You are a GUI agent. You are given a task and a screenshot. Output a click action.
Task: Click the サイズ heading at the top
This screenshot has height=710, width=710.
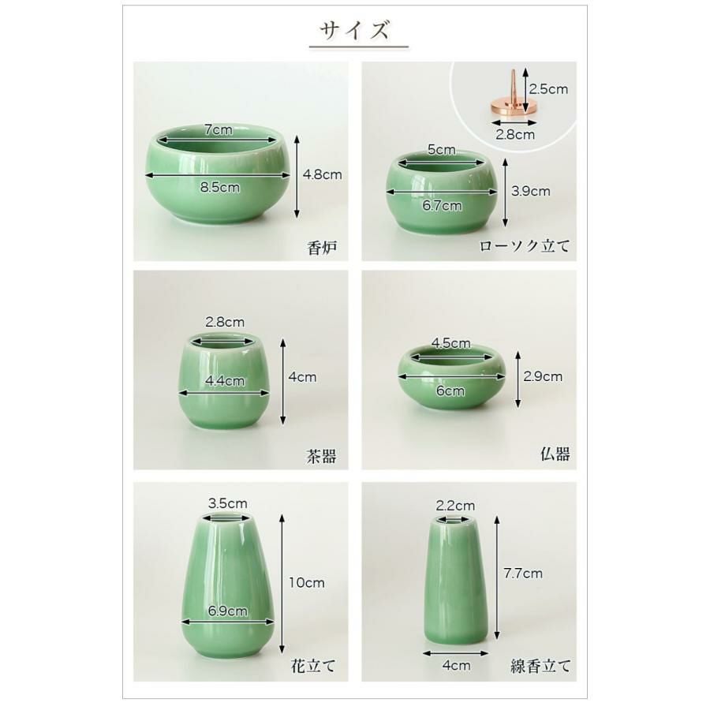pos(355,31)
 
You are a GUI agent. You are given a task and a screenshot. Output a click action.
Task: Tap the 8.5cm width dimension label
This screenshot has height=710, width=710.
pos(219,187)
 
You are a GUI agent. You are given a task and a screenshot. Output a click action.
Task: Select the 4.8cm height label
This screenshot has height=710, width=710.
pos(322,174)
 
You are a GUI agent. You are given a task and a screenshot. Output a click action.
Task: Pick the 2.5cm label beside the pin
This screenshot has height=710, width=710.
pos(548,89)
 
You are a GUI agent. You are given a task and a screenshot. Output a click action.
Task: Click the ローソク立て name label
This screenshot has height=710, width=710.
pos(525,246)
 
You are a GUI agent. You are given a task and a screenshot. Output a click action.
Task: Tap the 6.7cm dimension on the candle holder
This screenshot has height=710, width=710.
pos(442,205)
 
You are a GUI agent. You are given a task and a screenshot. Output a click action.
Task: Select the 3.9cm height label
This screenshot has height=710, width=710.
pos(530,190)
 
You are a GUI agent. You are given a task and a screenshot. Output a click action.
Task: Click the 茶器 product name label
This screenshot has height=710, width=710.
pos(320,456)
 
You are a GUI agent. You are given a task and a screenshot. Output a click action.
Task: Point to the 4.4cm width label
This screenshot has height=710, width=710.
pos(224,380)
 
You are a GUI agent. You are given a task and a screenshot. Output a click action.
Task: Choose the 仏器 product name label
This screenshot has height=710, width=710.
pos(555,454)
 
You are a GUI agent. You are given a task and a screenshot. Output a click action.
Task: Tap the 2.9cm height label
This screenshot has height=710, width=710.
pos(543,376)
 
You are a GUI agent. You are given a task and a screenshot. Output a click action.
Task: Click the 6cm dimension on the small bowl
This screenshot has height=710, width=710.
pos(450,390)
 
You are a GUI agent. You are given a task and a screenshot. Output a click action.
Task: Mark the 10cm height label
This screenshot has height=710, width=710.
pos(306,583)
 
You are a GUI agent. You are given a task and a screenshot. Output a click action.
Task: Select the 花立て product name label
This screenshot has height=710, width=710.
pos(313,665)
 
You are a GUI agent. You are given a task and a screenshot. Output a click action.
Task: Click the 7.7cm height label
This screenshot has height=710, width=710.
pos(522,574)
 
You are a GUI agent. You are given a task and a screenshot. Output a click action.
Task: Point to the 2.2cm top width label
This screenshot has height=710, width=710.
pos(455,505)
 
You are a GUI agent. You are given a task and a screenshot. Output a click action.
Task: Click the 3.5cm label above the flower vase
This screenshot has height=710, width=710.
pos(227,503)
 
